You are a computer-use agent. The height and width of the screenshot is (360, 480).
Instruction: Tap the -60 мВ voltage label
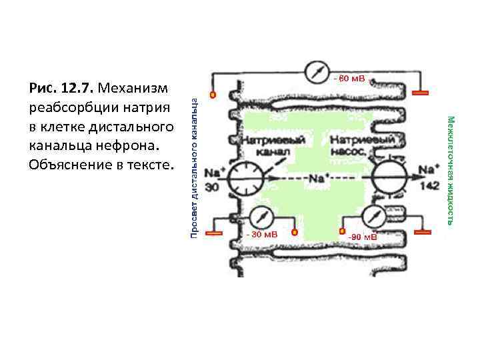point(349,79)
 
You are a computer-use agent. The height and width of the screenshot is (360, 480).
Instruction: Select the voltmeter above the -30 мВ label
point(261,217)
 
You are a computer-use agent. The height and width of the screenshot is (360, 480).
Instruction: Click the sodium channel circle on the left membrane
point(245,178)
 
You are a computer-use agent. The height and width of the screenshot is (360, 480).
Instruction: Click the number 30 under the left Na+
point(211,188)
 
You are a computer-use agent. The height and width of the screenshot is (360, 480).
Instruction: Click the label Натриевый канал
point(272,145)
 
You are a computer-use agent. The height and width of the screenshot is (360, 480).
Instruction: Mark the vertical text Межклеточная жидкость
point(451,170)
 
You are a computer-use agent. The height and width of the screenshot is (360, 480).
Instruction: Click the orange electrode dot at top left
point(213,95)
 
